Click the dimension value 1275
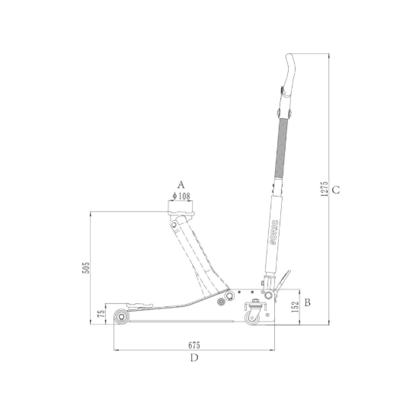tap(324, 189)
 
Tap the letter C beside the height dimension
tap(336, 190)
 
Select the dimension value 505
tap(86, 267)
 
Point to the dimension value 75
tap(101, 314)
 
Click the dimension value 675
tap(194, 345)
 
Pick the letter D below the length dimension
tap(194, 358)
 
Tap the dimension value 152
tap(295, 307)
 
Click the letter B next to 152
tap(307, 302)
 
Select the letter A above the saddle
tap(181, 184)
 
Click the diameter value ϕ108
tap(181, 197)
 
